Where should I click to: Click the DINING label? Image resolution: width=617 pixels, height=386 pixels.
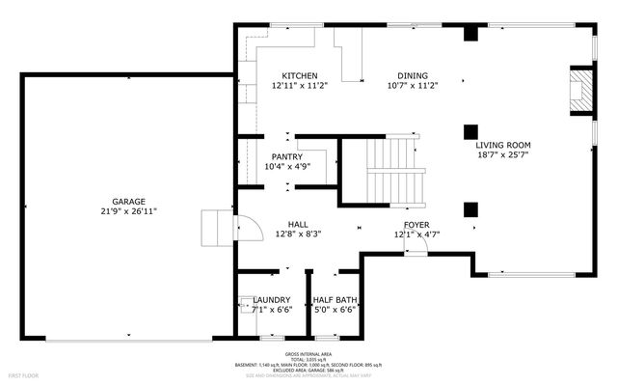413,75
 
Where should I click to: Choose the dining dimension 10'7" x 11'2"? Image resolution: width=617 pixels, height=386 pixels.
413,85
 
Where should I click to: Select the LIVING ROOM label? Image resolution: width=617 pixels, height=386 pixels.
503,144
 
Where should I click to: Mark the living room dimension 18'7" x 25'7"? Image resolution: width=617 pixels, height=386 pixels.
503,153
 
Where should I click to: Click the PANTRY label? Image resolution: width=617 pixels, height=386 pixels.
286,156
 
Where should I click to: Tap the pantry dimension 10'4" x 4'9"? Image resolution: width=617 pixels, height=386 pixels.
286,166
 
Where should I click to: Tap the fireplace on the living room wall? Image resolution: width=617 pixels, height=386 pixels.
579,92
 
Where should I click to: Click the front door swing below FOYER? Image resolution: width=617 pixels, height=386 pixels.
415,249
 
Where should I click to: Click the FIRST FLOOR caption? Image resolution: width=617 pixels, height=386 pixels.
23,372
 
